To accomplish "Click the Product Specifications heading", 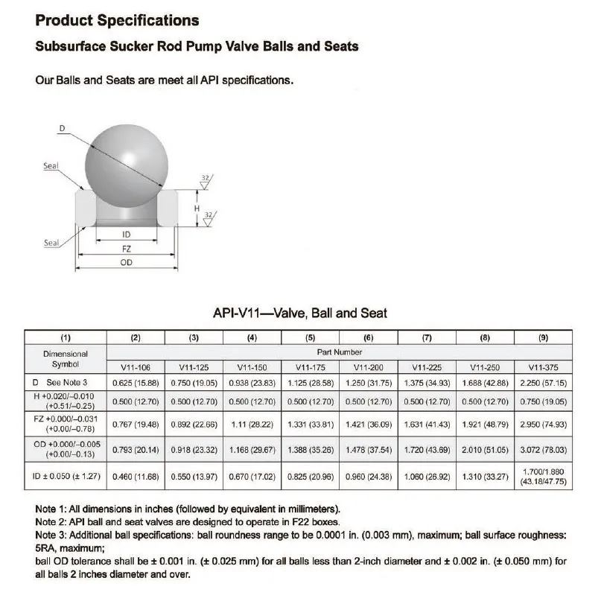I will pos(117,20).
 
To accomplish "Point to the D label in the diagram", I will pos(63,128).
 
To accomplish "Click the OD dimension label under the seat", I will pos(126,262).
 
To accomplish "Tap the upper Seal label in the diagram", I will pos(51,166).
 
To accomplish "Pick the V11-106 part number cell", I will pos(136,366).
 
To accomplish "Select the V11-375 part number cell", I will pos(543,366).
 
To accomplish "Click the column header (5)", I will pos(311,337).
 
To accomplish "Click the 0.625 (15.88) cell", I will pos(136,382).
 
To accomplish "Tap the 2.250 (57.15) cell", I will pos(543,382).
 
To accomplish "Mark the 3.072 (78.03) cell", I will pos(543,450).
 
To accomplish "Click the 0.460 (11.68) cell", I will pos(136,476).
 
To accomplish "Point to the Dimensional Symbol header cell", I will pos(66,359).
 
